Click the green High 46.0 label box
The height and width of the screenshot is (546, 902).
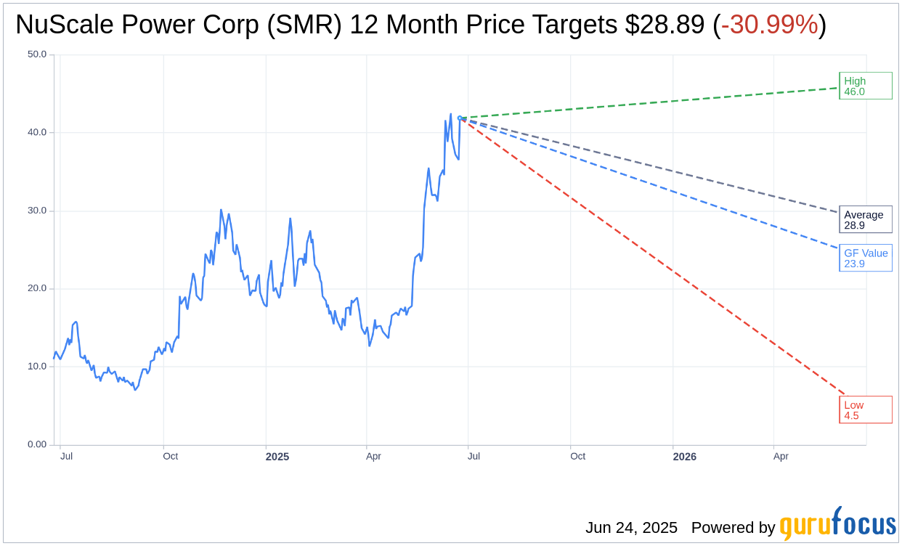(x=865, y=86)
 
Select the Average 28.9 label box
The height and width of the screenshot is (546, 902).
(x=865, y=219)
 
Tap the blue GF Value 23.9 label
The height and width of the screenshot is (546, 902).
(x=865, y=258)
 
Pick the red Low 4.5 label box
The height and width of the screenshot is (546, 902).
(x=865, y=409)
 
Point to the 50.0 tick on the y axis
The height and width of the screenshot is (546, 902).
(x=37, y=54)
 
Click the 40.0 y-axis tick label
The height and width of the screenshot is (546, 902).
(x=37, y=132)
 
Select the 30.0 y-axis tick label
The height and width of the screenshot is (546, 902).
(x=37, y=211)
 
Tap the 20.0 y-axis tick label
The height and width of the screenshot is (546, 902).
(x=37, y=288)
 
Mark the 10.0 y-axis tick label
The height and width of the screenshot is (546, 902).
(x=37, y=366)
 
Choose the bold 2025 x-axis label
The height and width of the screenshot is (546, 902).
(x=277, y=457)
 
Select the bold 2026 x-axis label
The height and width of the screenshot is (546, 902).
(x=684, y=457)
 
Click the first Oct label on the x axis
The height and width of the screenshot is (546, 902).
(x=170, y=456)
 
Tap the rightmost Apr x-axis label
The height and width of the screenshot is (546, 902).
(x=781, y=456)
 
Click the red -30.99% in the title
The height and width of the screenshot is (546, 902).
(x=769, y=25)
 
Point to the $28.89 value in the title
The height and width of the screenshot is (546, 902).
(x=664, y=25)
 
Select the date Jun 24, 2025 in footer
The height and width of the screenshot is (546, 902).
(x=631, y=527)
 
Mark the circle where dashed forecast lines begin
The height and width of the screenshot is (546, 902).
(x=460, y=118)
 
